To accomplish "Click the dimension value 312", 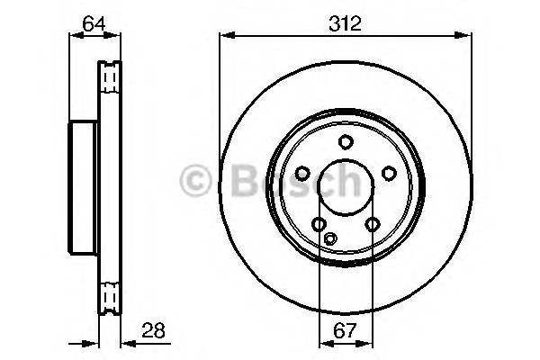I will [x=344, y=24].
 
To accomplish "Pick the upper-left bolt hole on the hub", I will [x=302, y=174].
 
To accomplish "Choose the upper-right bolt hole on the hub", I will [x=388, y=174].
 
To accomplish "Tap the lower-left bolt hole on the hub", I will [x=319, y=224].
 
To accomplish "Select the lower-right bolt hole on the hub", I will [x=371, y=224].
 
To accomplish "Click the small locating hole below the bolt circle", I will [x=330, y=238].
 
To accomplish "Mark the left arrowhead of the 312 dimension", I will [x=224, y=36].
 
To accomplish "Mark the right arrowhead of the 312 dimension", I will [x=465, y=36].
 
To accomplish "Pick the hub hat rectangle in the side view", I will [x=83, y=187].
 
